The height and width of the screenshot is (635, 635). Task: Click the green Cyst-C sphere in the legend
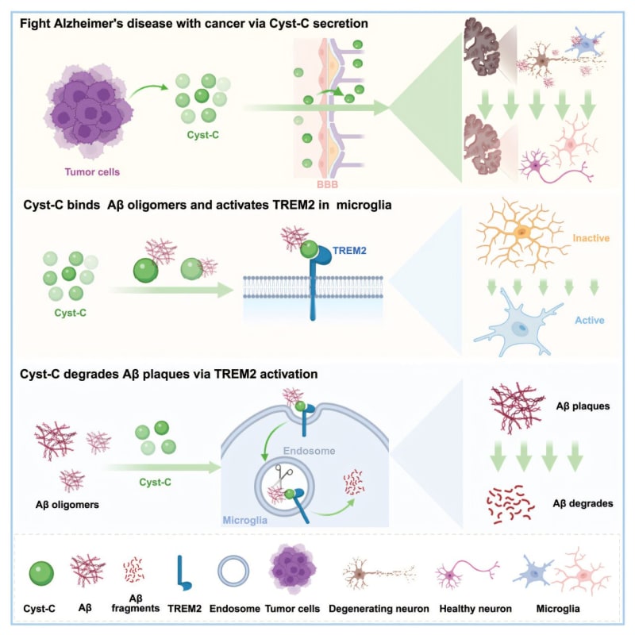[40, 571]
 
